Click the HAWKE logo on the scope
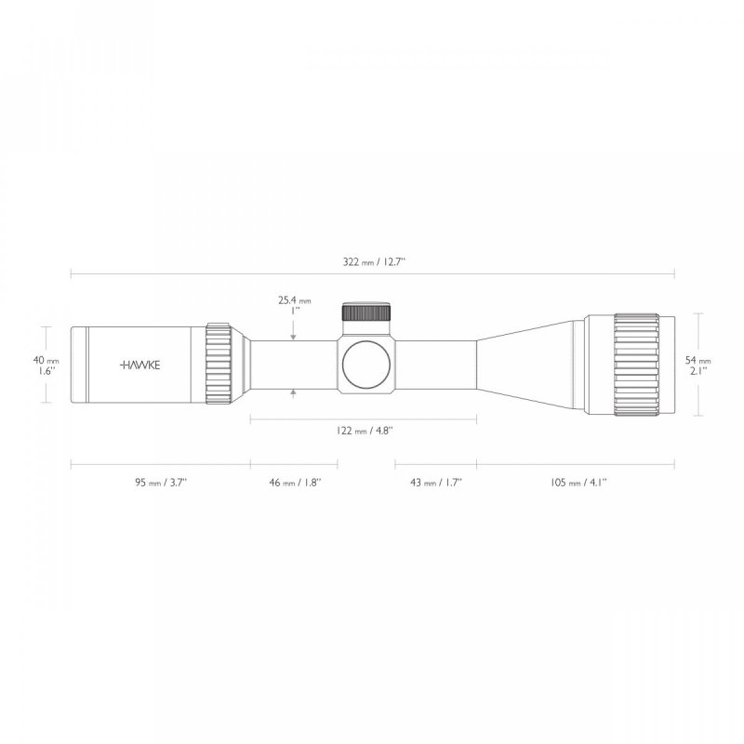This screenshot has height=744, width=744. (x=139, y=365)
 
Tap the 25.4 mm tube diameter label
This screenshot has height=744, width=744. (x=294, y=300)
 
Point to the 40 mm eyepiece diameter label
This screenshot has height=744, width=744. (x=46, y=359)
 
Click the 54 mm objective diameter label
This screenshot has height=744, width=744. (x=698, y=359)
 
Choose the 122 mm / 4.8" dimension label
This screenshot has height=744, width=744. (x=364, y=431)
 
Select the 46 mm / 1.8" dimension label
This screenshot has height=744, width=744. (x=294, y=483)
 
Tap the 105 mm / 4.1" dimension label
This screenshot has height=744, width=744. (x=576, y=483)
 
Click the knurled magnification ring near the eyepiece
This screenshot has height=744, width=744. (x=219, y=365)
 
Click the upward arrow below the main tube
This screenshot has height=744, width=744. (x=294, y=394)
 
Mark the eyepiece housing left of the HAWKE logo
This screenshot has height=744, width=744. (x=93, y=365)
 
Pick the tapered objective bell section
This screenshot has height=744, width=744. (x=530, y=365)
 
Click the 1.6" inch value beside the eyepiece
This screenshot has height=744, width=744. (x=46, y=370)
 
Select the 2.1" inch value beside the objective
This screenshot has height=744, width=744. (x=698, y=370)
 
